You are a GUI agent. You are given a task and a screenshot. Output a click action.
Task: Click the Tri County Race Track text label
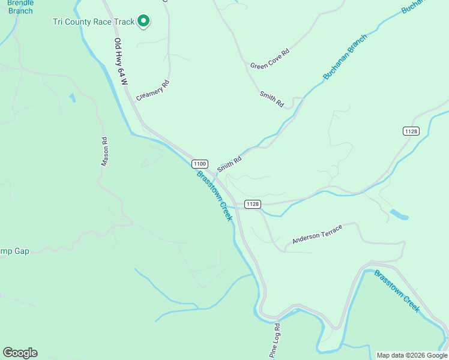[94, 22]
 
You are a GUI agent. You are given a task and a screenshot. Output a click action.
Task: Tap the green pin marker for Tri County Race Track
[143, 22]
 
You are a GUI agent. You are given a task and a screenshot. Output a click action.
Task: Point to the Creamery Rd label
[153, 90]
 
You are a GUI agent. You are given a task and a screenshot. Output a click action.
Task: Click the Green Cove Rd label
[270, 58]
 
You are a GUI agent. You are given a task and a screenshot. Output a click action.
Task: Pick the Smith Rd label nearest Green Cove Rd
[271, 100]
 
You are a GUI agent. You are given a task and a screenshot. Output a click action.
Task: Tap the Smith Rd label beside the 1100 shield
[229, 164]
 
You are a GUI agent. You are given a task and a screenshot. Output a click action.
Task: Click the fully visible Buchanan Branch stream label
[345, 62]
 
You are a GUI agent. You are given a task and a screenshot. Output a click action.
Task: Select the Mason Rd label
[104, 152]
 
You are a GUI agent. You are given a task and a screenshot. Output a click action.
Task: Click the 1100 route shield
[200, 164]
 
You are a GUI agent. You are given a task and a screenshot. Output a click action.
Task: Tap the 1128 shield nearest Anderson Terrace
[253, 204]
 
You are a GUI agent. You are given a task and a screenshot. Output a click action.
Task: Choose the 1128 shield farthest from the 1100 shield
[411, 131]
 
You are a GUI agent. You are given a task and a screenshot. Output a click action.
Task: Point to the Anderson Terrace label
[317, 234]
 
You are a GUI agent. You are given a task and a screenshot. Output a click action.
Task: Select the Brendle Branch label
[20, 7]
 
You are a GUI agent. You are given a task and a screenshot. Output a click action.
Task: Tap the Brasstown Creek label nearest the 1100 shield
[214, 196]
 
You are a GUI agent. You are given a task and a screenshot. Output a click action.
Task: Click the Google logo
[20, 353]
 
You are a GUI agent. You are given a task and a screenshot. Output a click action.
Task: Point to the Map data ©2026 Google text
[411, 355]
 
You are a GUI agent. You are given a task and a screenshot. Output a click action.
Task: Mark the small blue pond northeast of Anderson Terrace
[399, 214]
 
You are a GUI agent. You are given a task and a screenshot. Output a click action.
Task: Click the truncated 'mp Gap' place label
[14, 251]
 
